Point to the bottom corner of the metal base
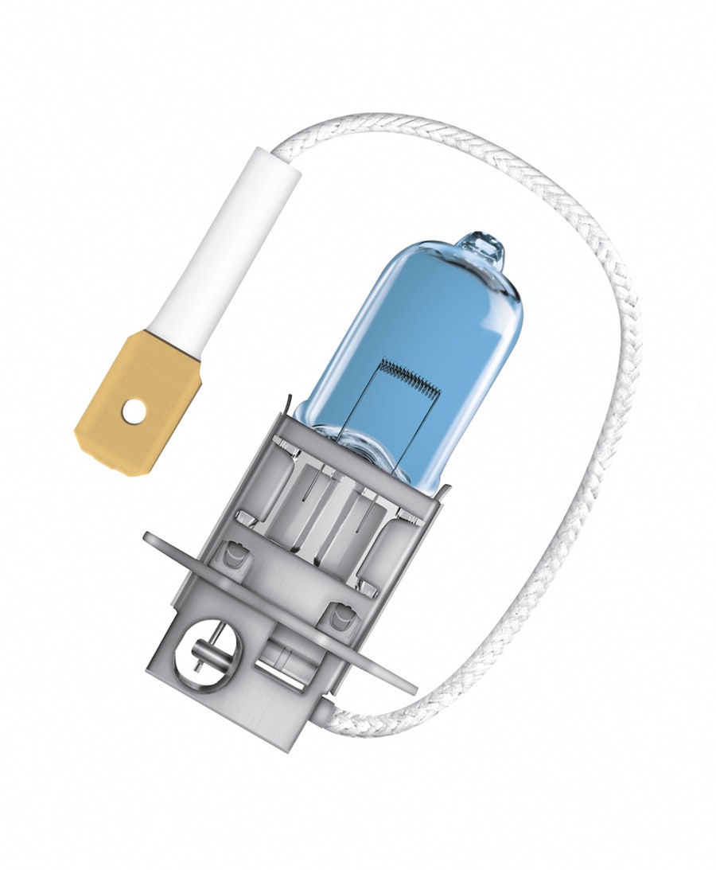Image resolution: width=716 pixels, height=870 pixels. (x=274, y=748)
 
